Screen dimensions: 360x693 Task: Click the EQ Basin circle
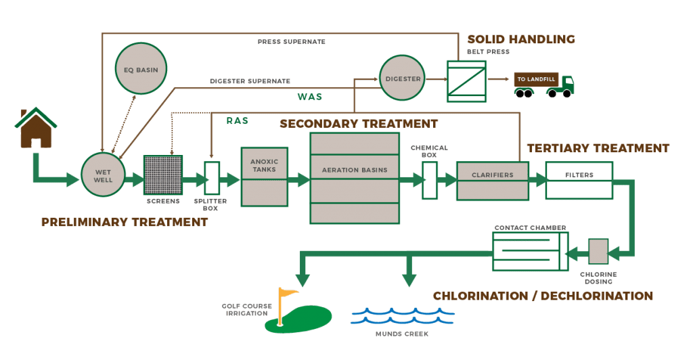point(141,68)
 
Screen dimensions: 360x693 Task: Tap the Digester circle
point(403,79)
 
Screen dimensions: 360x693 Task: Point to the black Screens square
point(162,176)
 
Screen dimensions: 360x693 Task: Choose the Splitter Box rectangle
point(212,178)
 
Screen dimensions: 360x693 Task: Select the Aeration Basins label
point(355,170)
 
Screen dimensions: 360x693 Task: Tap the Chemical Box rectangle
point(429,180)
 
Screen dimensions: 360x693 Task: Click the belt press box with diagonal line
point(466,81)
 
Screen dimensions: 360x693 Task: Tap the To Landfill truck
point(543,84)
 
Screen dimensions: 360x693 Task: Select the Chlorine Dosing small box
point(598,251)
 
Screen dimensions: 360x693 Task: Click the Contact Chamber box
point(530,252)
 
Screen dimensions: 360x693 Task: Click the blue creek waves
point(402,315)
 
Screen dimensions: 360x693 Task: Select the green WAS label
point(309,97)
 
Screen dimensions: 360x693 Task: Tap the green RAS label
point(237,120)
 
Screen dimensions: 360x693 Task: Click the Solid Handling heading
point(520,39)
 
